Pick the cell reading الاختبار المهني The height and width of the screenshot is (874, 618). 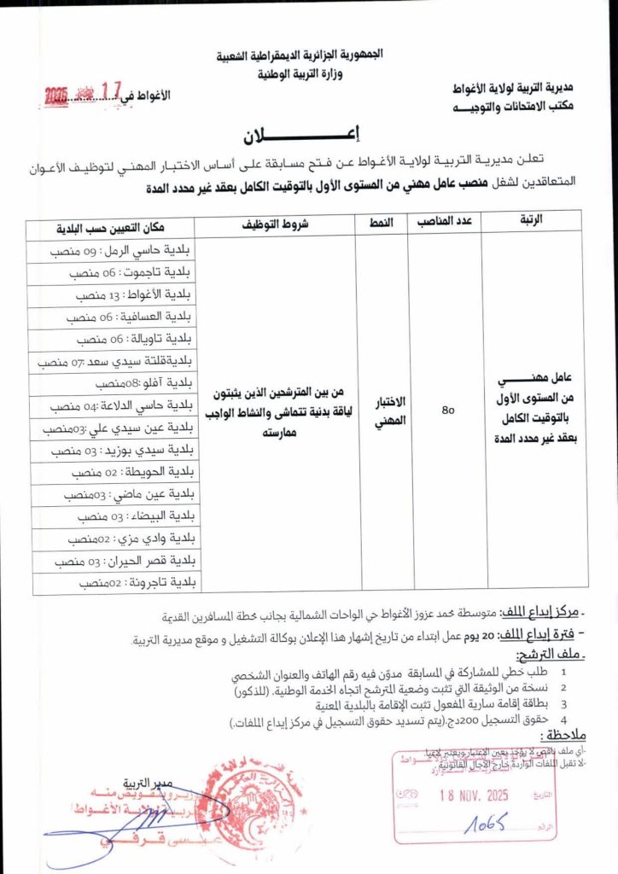382,412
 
